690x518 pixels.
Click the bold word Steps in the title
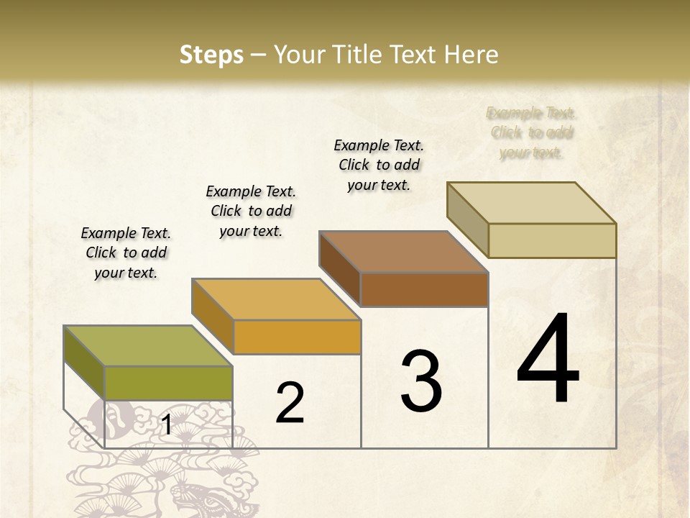click(211, 55)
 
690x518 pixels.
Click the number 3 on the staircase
click(421, 381)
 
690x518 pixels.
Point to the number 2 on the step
click(290, 403)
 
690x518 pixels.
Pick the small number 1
click(166, 425)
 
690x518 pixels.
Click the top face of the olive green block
click(148, 346)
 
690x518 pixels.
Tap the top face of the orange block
click(276, 299)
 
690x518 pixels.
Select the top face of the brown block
click(404, 252)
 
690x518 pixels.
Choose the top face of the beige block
click(532, 203)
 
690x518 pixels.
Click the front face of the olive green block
click(168, 383)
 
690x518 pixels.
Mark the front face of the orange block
click(297, 337)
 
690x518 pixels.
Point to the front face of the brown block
click(424, 290)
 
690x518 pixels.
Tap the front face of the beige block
click(552, 240)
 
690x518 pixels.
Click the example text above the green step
click(126, 253)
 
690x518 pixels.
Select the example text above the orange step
click(251, 211)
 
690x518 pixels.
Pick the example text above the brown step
click(379, 165)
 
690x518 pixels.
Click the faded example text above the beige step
click(531, 132)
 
